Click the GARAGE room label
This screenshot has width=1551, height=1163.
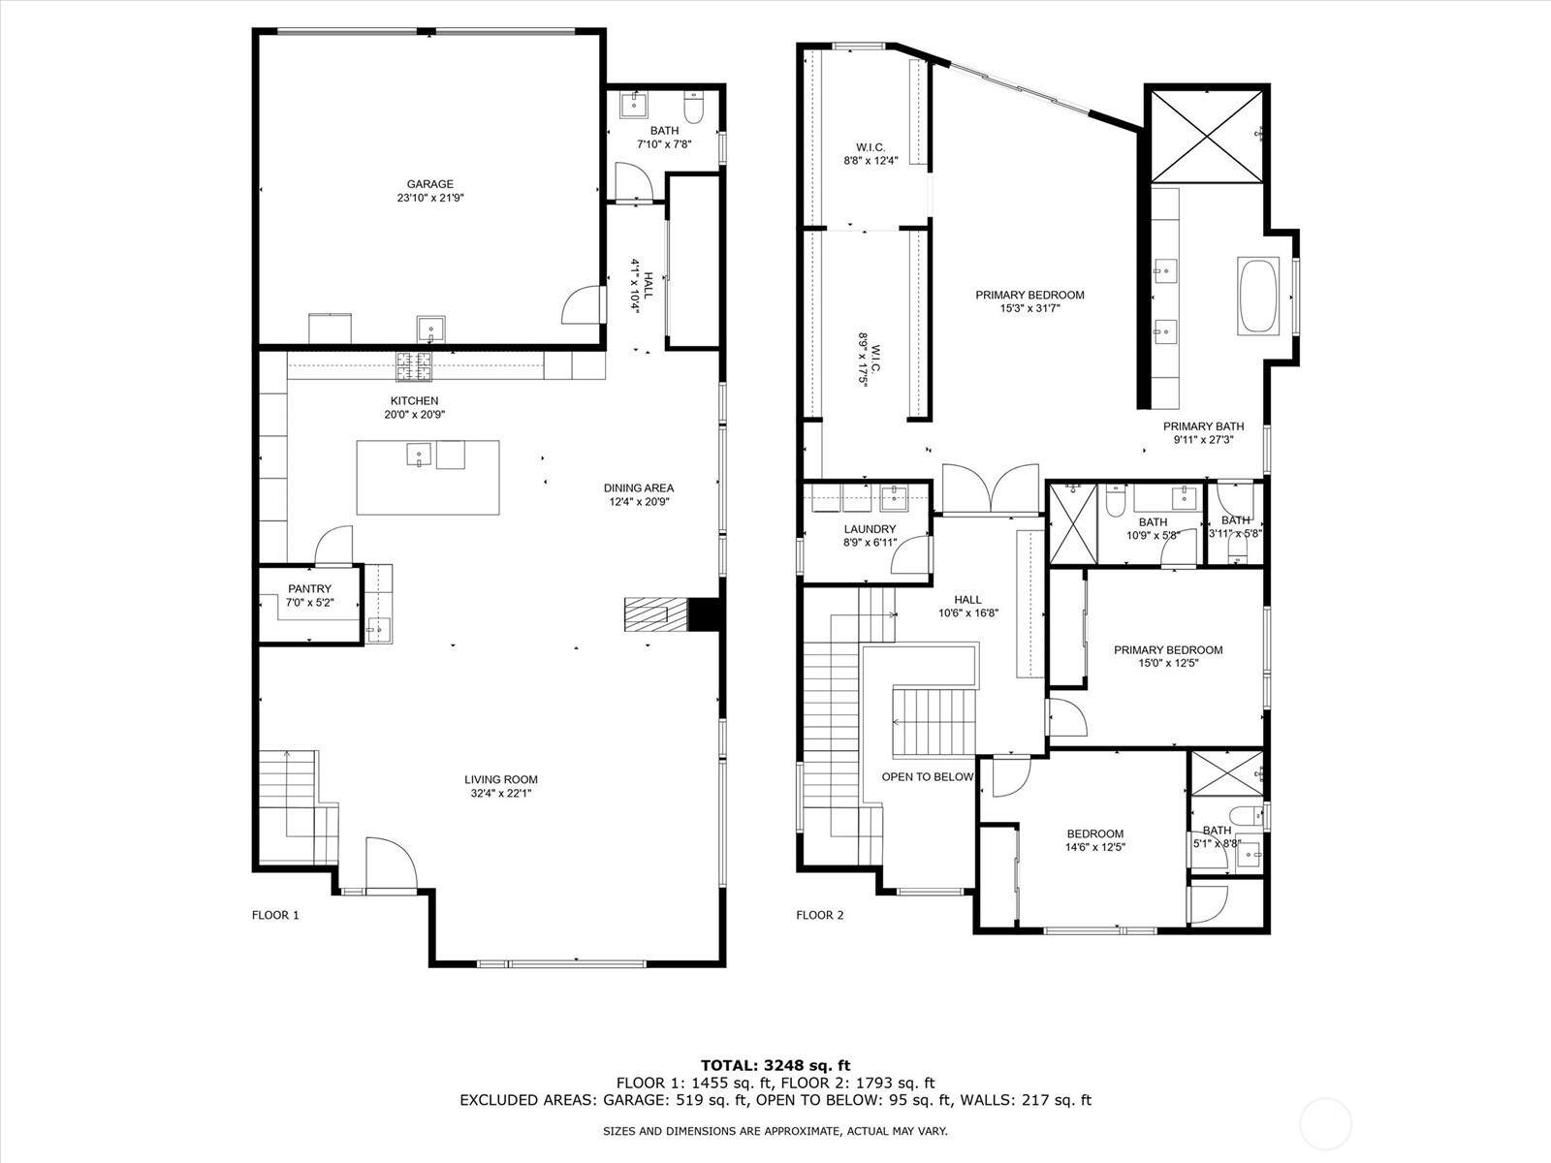click(429, 184)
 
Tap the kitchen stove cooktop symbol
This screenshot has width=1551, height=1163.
click(414, 365)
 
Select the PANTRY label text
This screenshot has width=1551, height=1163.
click(309, 588)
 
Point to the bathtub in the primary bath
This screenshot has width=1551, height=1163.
click(1258, 297)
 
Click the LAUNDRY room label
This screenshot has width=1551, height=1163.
click(870, 529)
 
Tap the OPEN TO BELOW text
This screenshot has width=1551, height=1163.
click(927, 776)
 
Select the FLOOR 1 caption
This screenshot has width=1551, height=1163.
click(275, 915)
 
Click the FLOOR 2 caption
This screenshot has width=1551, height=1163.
click(820, 915)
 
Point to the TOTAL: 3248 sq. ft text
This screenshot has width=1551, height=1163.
click(775, 1065)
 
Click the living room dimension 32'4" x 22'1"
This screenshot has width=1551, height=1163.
click(500, 793)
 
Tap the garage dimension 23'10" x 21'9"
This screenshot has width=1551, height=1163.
click(429, 198)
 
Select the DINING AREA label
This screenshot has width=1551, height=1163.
click(638, 488)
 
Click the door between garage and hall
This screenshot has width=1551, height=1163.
click(579, 305)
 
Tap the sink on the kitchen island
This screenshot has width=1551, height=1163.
click(419, 453)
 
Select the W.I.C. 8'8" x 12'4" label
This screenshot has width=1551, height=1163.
click(870, 154)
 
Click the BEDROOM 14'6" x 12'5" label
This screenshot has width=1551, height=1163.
click(1094, 839)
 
